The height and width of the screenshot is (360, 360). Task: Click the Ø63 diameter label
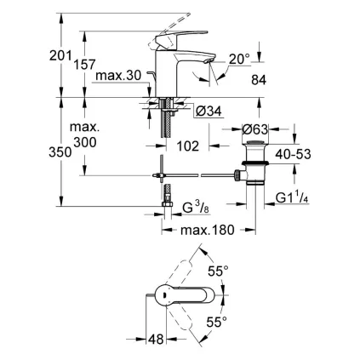coord(257,129)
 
